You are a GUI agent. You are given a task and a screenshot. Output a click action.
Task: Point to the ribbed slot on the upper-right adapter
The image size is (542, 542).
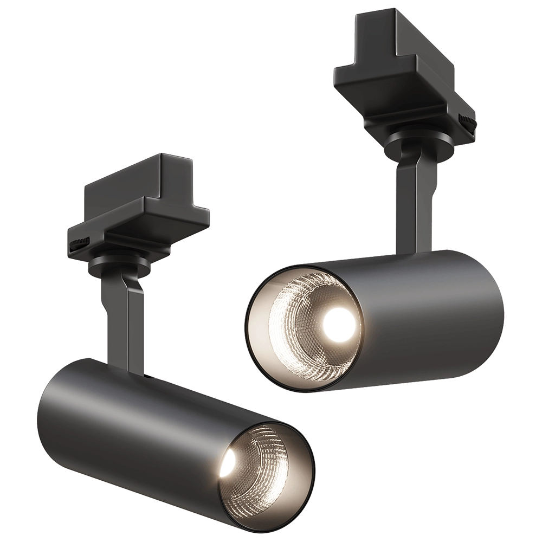point(467,120)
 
